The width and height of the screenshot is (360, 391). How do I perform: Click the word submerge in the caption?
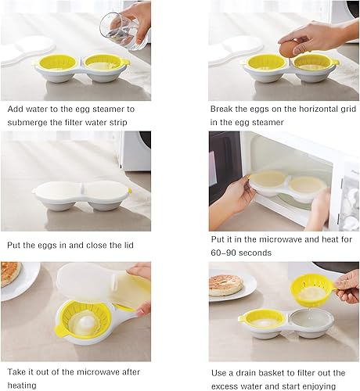32,123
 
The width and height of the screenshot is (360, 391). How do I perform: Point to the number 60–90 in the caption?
226,253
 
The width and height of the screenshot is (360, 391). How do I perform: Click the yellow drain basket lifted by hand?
312,292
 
